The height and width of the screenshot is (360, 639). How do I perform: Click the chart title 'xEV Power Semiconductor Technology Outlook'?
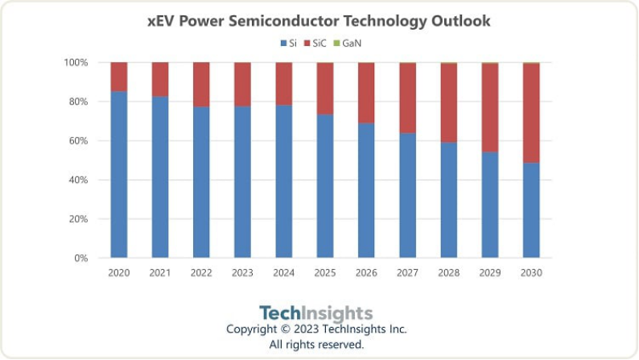(x=319, y=21)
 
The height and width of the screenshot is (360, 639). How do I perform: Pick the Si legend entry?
(x=288, y=43)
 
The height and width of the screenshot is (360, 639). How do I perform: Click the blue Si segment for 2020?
(x=119, y=174)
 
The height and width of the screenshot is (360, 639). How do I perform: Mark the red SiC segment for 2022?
(x=201, y=85)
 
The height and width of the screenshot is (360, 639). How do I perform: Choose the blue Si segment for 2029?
(x=490, y=205)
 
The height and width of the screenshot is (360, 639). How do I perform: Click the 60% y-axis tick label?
(x=78, y=141)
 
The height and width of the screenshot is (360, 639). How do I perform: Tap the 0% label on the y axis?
(x=80, y=259)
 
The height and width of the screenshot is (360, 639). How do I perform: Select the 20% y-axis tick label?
(x=78, y=219)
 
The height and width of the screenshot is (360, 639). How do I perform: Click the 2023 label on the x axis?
(x=242, y=273)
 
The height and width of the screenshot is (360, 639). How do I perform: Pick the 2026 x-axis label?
(x=366, y=273)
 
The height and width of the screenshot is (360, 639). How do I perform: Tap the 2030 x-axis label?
(x=531, y=273)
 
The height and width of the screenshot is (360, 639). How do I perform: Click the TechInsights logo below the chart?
(x=316, y=313)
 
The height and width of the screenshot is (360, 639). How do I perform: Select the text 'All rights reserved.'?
(x=316, y=345)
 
